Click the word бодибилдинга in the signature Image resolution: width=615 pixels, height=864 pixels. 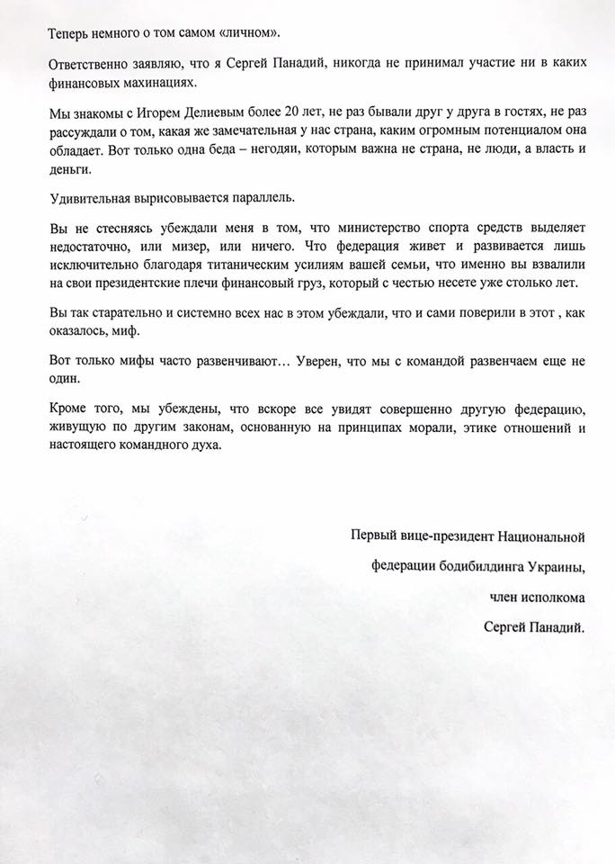tap(477, 566)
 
